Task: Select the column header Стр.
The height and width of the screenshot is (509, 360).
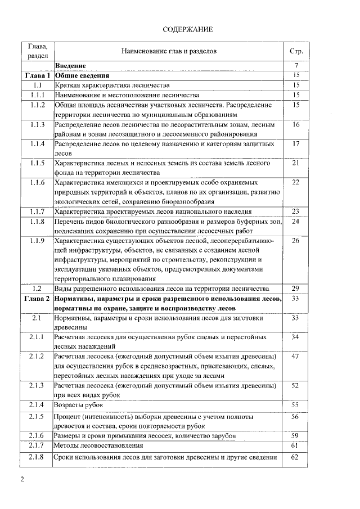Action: [296, 51]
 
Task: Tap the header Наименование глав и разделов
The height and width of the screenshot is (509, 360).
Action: [169, 51]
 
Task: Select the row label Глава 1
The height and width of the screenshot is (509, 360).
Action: [38, 75]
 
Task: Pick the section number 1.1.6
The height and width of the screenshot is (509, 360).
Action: [38, 183]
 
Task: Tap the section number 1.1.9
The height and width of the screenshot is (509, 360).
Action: [38, 241]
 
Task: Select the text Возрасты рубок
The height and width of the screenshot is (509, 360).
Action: [79, 405]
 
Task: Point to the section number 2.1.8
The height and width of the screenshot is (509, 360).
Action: [38, 457]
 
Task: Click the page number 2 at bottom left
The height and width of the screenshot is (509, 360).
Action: [22, 480]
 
